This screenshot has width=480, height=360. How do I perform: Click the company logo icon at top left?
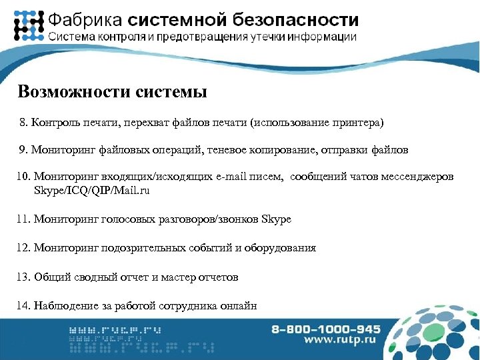pyautogui.click(x=29, y=26)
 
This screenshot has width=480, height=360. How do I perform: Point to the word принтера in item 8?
pyautogui.click(x=361, y=123)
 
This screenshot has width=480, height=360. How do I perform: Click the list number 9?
pyautogui.click(x=23, y=150)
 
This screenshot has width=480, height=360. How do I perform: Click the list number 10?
pyautogui.click(x=22, y=177)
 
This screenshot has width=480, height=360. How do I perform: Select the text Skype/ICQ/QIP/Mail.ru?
pyautogui.click(x=91, y=190)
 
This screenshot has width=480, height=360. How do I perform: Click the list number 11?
pyautogui.click(x=22, y=218)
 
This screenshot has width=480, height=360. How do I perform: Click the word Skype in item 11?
pyautogui.click(x=277, y=218)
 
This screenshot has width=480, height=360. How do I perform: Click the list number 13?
pyautogui.click(x=22, y=276)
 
